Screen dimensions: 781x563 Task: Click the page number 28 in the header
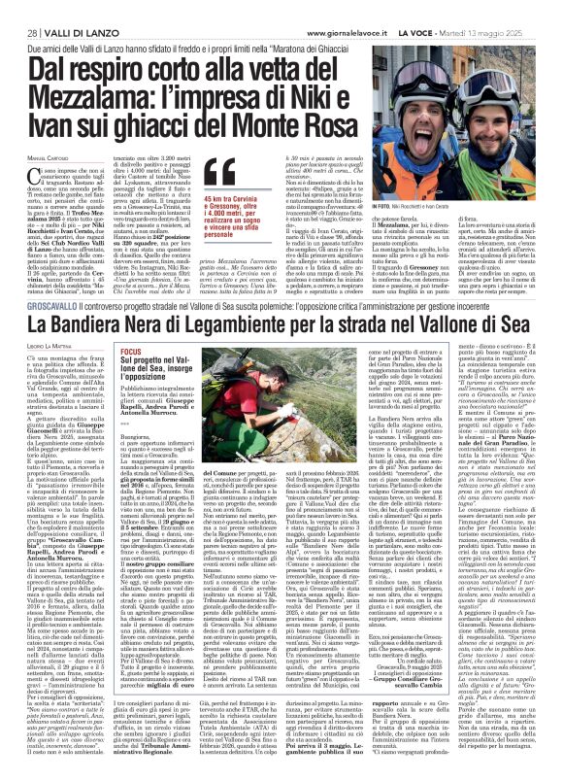pyautogui.click(x=19, y=9)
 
